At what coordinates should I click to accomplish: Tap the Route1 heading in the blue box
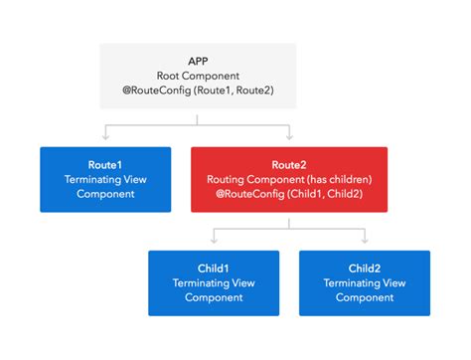(104, 162)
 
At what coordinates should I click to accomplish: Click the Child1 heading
(214, 267)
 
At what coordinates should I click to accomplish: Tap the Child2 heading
(365, 267)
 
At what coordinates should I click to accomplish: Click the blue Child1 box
(214, 283)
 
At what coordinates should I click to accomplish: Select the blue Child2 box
(365, 283)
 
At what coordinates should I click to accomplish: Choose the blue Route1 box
(104, 179)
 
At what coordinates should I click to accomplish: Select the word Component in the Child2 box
(365, 298)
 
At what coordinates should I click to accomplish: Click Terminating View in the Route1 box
(104, 178)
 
